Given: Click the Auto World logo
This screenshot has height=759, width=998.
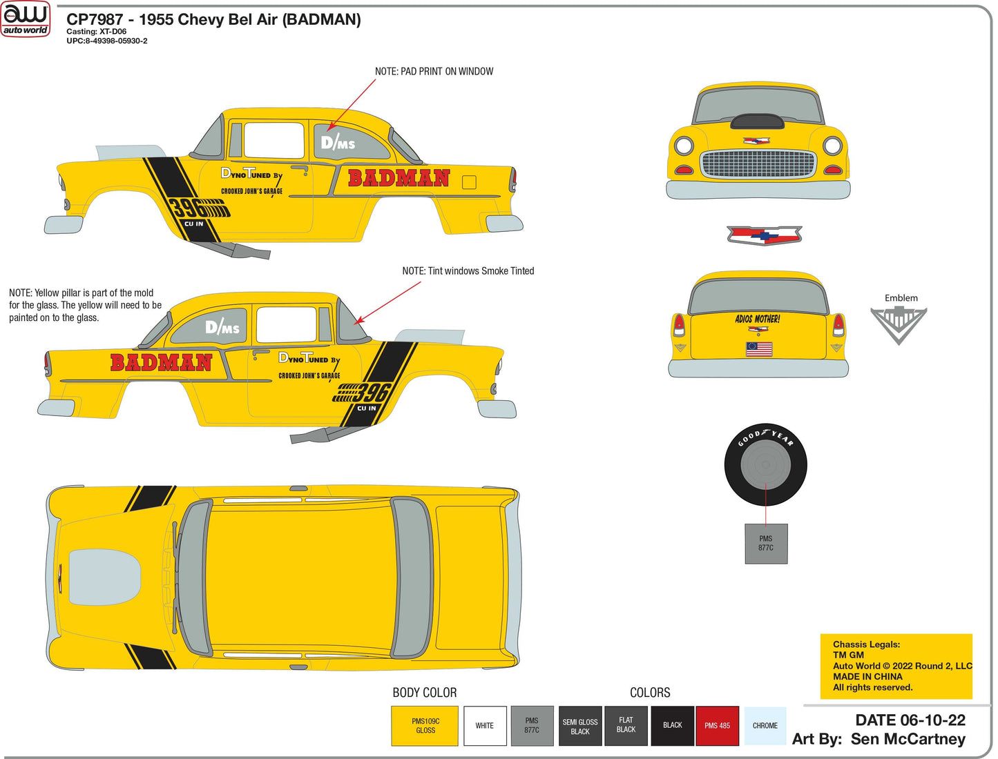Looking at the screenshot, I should click(26, 19).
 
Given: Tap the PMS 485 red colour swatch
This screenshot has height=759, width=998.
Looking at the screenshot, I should click(717, 725).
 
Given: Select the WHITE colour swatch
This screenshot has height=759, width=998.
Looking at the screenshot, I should click(485, 725).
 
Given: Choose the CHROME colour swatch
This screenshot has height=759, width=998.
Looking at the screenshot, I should click(765, 725).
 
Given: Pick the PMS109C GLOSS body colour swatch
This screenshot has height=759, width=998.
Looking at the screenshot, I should click(425, 725).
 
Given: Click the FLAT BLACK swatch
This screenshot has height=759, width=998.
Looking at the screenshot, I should click(626, 725).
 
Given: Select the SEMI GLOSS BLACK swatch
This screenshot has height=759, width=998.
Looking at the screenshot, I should click(580, 726).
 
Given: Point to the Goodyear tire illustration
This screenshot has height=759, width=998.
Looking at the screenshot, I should click(765, 464).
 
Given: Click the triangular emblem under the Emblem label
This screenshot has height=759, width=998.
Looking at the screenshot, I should click(898, 324).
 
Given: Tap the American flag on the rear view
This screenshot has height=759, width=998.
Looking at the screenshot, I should click(758, 349).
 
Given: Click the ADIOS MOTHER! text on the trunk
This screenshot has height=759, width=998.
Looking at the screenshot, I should click(758, 319).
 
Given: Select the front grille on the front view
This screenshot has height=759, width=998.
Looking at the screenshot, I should click(758, 164).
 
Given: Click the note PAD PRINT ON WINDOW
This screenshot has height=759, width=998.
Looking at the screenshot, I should click(434, 71).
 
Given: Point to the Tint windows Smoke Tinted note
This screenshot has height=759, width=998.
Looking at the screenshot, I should click(468, 271).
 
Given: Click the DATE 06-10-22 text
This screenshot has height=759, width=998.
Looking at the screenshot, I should click(910, 720).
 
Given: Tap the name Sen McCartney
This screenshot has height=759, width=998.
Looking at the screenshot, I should click(908, 739).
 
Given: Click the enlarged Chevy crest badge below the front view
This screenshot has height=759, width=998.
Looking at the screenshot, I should click(764, 235).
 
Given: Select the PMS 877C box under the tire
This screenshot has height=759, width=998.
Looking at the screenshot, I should click(766, 544).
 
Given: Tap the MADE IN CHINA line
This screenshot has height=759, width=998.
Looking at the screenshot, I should click(867, 676).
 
